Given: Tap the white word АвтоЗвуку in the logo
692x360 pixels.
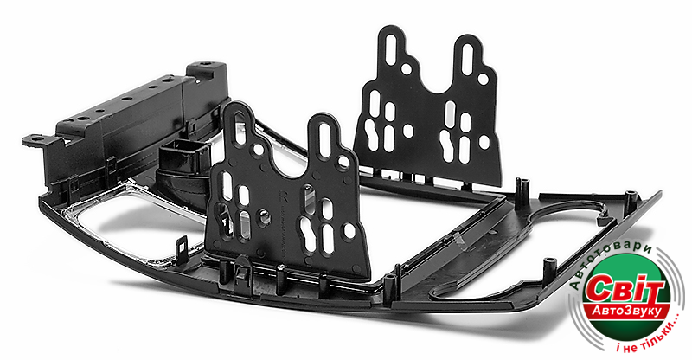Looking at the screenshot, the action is click(626, 312).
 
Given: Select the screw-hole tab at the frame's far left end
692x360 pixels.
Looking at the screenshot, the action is click(36, 140).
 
